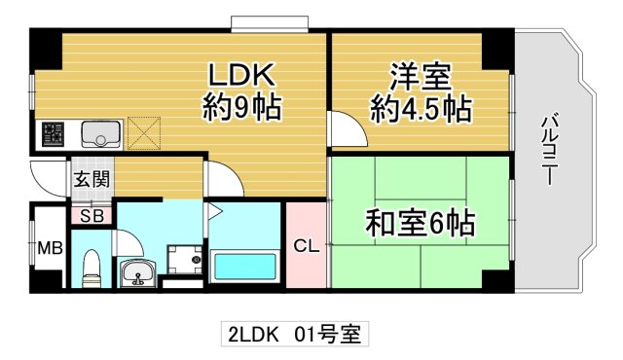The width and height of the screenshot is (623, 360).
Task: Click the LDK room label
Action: [x=240, y=75]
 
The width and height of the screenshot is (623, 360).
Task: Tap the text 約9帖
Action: [x=241, y=105]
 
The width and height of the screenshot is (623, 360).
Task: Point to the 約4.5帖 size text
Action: [x=421, y=108]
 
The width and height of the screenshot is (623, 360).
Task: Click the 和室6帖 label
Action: [x=420, y=225]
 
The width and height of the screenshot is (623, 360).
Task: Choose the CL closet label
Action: [x=306, y=246]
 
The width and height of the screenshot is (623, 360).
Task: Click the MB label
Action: [x=50, y=248]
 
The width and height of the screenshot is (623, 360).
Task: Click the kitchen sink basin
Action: [x=99, y=131]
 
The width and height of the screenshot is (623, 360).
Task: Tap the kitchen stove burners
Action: [x=53, y=132]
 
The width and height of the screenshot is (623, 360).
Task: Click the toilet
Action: [x=92, y=268]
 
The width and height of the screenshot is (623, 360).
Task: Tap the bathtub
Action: [x=244, y=267]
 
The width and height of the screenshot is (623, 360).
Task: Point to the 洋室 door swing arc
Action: [x=341, y=126]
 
